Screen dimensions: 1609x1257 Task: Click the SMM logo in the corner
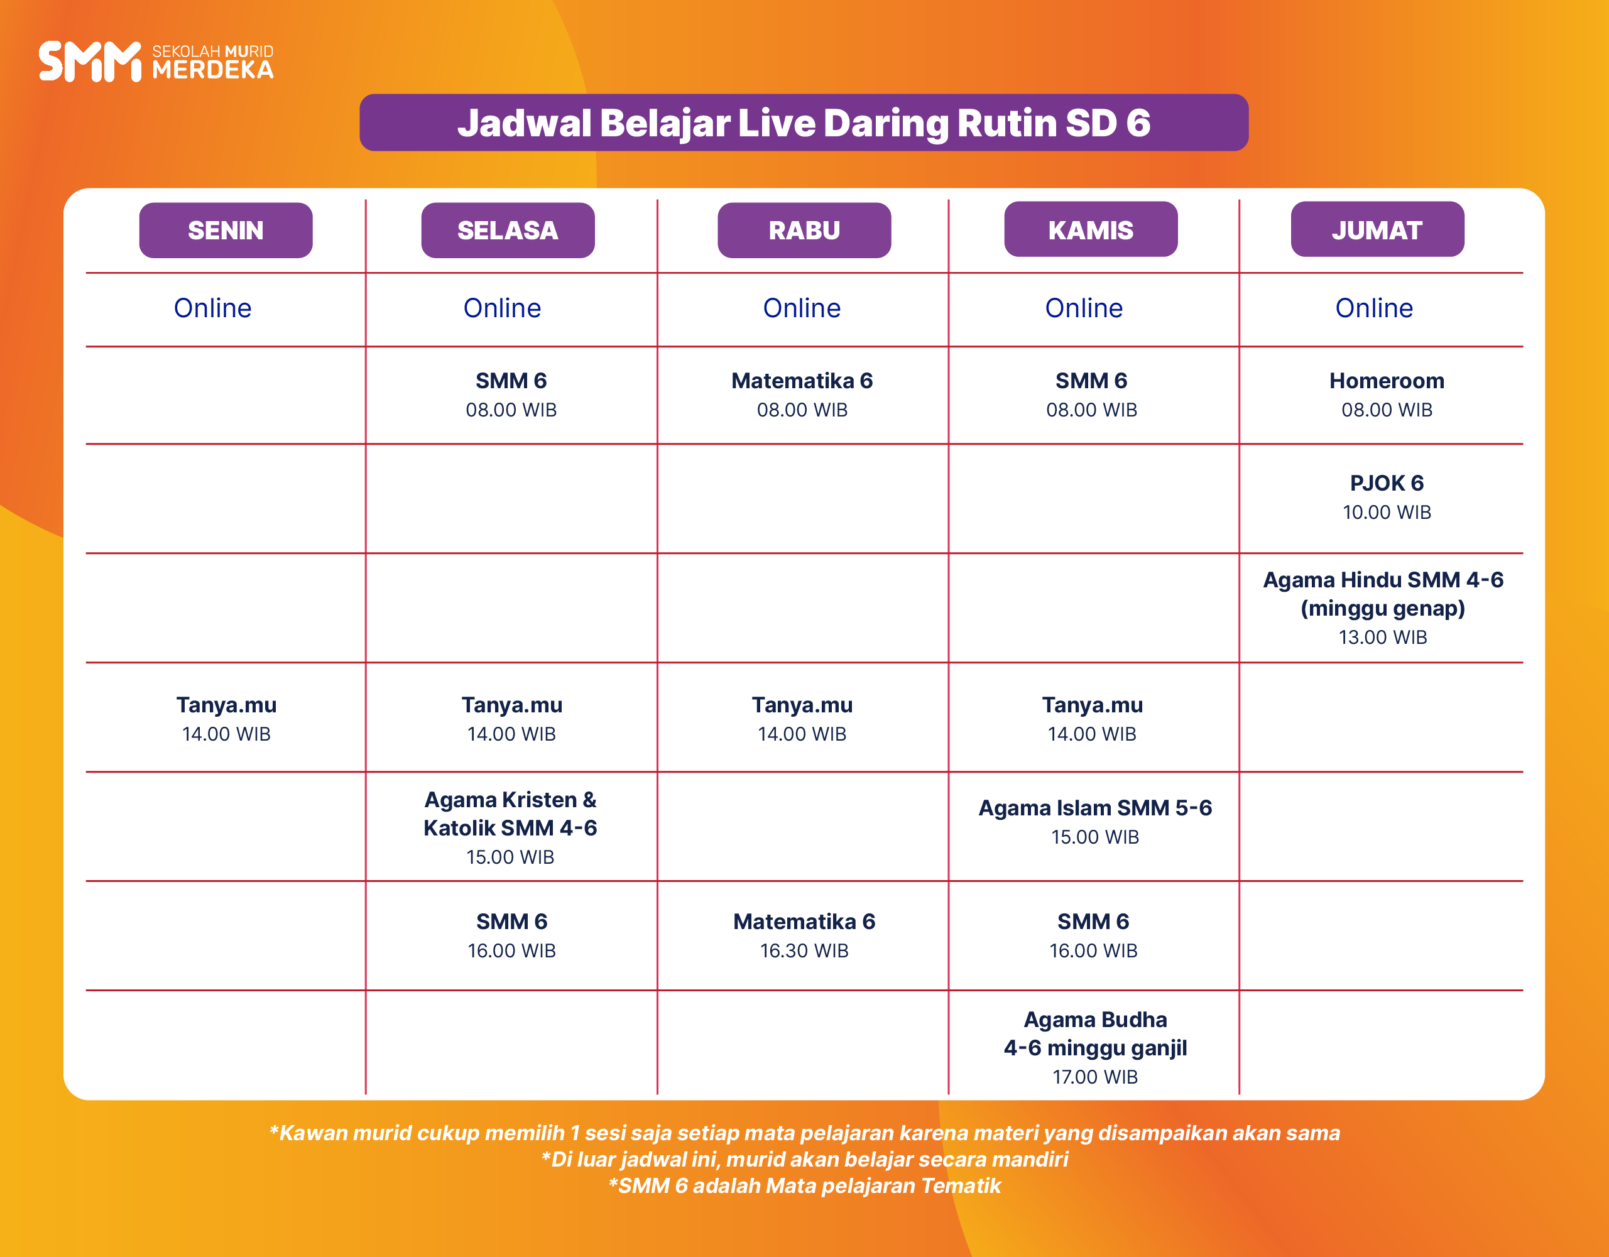coord(156,61)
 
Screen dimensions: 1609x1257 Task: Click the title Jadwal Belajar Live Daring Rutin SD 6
coord(804,122)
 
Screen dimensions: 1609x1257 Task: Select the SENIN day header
coord(226,230)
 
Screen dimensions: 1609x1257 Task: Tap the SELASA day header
coord(508,230)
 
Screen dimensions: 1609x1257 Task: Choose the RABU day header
coord(804,230)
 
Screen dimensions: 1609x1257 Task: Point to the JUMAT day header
coord(1377,229)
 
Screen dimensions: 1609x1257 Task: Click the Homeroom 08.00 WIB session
coord(1387,395)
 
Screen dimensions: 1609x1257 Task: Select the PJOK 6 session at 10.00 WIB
coord(1387,497)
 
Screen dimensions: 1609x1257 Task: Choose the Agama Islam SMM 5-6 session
coord(1095,822)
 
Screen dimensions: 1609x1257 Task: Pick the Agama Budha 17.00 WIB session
coord(1095,1047)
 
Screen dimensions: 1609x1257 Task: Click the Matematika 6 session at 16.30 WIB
coord(804,935)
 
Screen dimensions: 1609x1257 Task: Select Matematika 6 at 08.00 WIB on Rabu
coord(802,395)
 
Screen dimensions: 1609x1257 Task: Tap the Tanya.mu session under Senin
coord(226,719)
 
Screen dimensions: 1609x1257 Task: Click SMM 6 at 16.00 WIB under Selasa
coord(511,935)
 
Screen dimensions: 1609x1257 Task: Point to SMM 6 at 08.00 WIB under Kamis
coord(1091,395)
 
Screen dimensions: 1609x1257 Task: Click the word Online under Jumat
coord(1374,308)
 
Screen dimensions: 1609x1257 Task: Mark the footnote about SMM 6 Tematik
coord(804,1185)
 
